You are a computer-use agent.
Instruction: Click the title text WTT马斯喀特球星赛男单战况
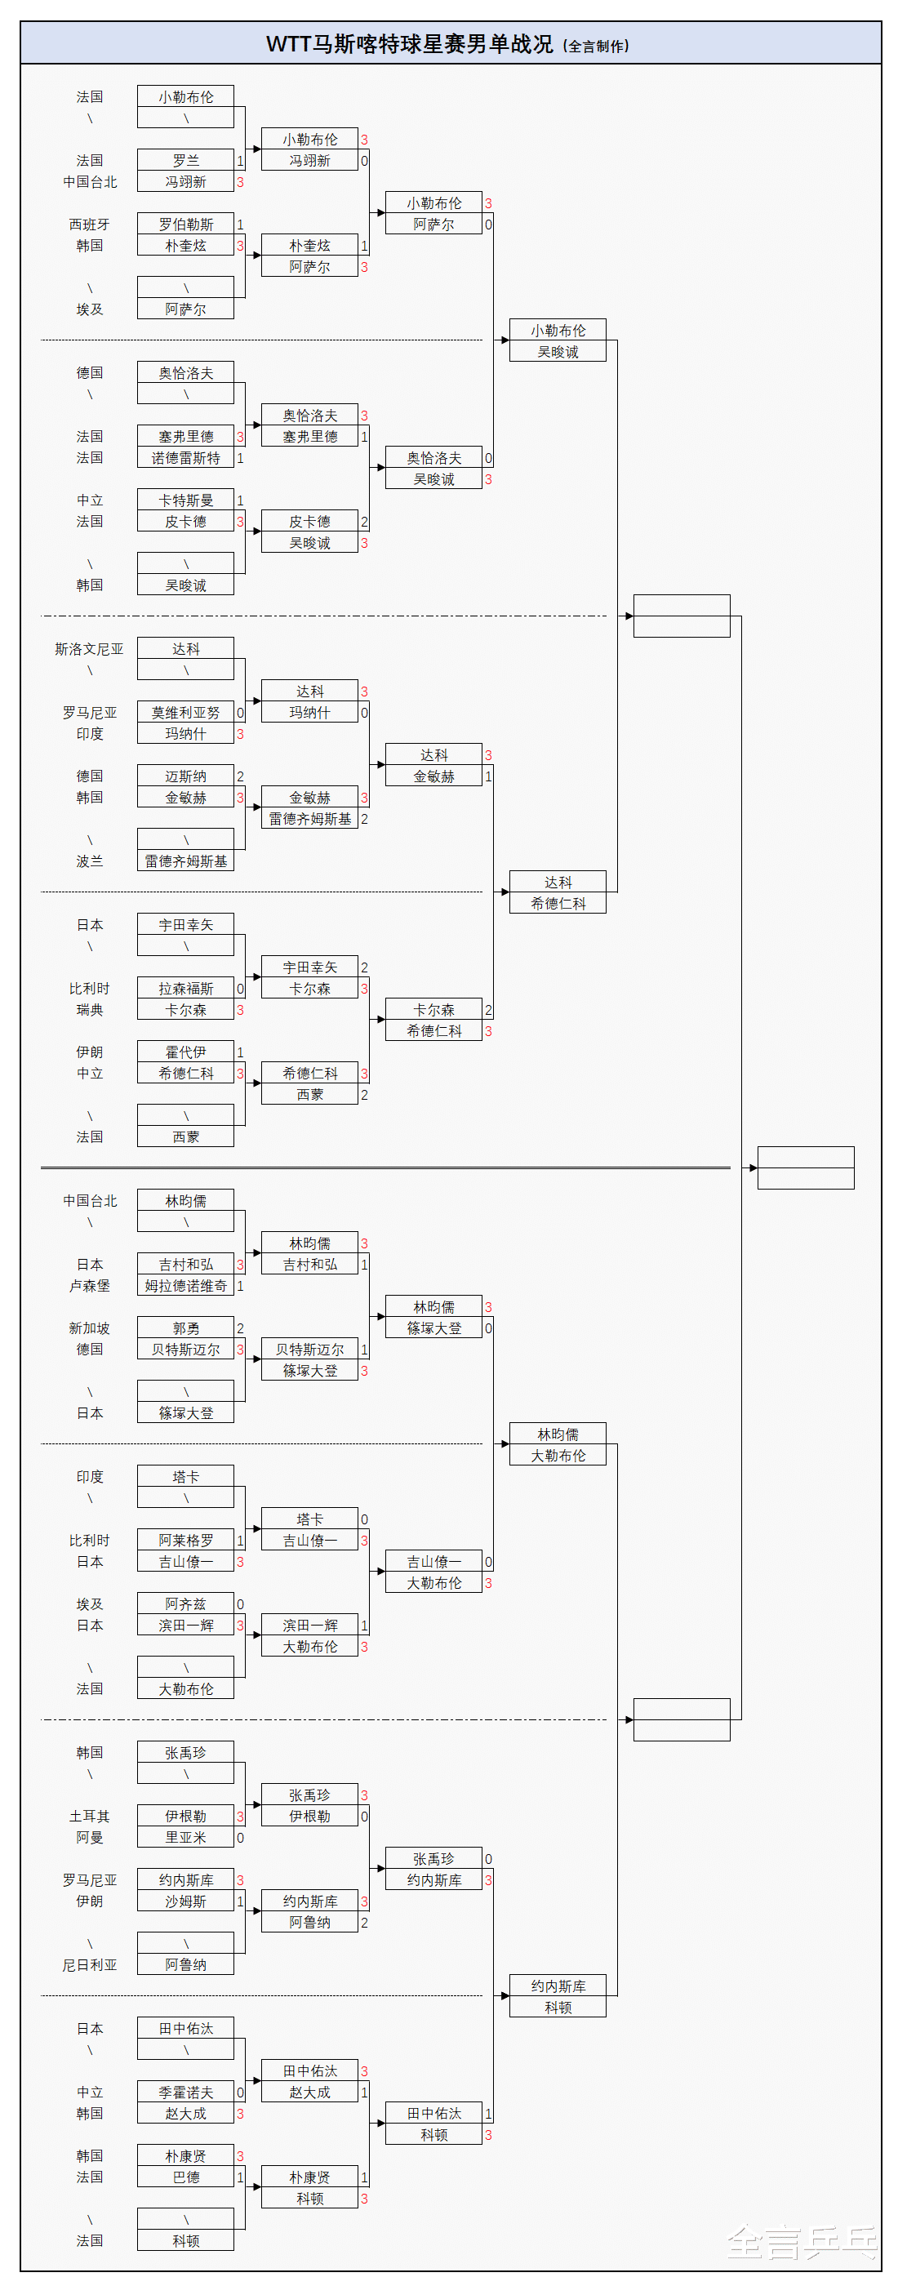click(x=409, y=44)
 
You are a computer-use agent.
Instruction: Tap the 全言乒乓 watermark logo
click(x=802, y=2243)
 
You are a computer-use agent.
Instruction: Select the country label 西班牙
click(x=90, y=225)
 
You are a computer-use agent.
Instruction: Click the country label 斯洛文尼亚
click(x=90, y=649)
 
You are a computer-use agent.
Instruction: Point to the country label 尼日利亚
click(x=90, y=1965)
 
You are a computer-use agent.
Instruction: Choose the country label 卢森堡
click(x=90, y=1286)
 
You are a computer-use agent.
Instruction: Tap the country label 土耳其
click(x=90, y=1817)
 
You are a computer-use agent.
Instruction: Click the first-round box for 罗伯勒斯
click(x=185, y=225)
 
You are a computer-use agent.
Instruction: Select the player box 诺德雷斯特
click(x=185, y=458)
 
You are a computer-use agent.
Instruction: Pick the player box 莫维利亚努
click(x=185, y=713)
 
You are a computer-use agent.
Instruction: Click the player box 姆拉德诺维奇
click(x=185, y=1286)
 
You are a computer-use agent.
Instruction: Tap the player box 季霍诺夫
click(x=185, y=2093)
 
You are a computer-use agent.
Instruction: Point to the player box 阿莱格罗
click(x=185, y=1541)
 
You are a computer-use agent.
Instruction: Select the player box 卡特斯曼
click(x=185, y=500)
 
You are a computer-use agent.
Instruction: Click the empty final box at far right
click(x=806, y=1167)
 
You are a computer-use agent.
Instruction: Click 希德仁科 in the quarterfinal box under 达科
click(x=558, y=904)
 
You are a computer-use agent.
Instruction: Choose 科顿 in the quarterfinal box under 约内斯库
click(x=558, y=2008)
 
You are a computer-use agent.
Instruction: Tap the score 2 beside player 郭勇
click(x=239, y=1328)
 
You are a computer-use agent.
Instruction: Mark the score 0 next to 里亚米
click(x=239, y=1838)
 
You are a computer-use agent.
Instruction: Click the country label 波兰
click(x=90, y=861)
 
